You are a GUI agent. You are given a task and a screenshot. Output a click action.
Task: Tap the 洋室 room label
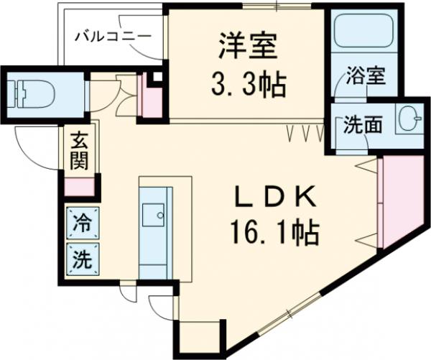coord(249,49)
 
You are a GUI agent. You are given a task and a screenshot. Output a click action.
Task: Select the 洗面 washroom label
coord(357,124)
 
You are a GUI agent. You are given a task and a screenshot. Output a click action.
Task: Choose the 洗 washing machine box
coord(83,259)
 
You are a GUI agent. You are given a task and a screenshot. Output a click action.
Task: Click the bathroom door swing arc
coord(343,92)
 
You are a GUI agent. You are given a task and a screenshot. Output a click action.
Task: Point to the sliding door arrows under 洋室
coord(301,132)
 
